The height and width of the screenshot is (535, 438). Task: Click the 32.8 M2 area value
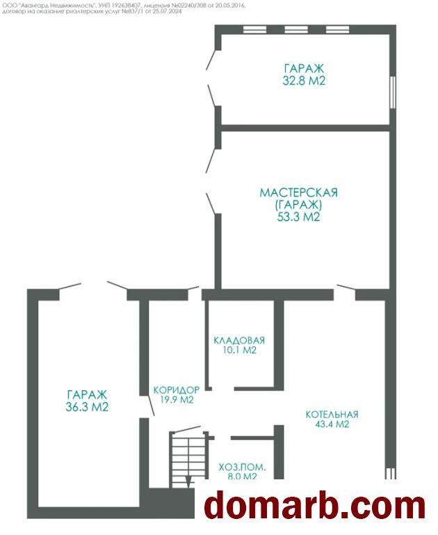pos(304,81)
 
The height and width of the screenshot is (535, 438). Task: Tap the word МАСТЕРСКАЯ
pos(298,193)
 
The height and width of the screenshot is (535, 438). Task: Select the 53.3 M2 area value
pos(298,216)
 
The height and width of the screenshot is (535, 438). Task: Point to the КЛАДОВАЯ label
pos(239,340)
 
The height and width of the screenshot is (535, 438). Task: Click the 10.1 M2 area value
pos(239,350)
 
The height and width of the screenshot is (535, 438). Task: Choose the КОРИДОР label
pos(176,390)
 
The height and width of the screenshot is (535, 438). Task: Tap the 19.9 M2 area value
pos(177,399)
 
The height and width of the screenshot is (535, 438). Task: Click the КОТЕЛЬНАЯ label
pos(332,414)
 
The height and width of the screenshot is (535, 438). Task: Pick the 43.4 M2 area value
pos(332,424)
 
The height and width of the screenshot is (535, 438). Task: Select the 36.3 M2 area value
pos(87,407)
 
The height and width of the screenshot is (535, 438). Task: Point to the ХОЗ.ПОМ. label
pos(242,467)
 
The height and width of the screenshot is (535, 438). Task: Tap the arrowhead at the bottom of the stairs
pos(188,481)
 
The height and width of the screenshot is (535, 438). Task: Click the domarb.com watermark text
pos(316,506)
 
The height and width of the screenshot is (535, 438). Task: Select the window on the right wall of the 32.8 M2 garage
pos(393,92)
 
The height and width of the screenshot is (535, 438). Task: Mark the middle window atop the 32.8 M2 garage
pos(296,30)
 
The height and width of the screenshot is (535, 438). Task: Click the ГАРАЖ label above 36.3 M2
pos(87,394)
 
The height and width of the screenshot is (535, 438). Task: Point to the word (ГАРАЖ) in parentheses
pos(298,205)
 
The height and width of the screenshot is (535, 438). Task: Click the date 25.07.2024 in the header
pos(169,11)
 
